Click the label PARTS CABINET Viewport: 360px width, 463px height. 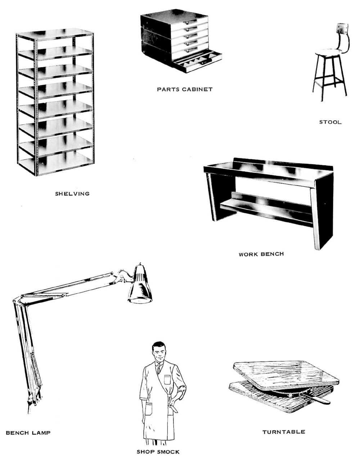click(185, 89)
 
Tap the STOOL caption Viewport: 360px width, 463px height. click(330, 122)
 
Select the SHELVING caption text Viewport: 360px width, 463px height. click(72, 194)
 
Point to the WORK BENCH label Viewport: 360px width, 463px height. click(261, 254)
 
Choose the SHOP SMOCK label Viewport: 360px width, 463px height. click(158, 452)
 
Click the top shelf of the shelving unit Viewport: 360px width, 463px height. click(55, 34)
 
